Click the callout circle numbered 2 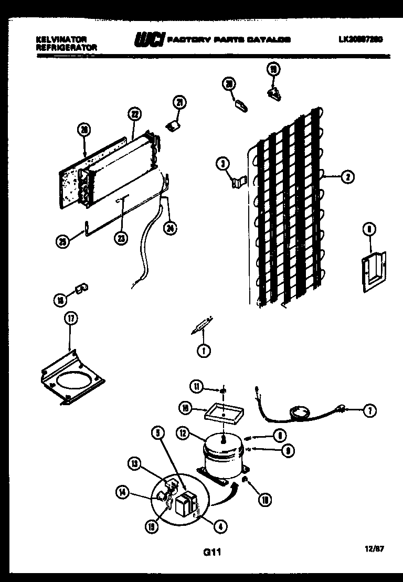pyautogui.click(x=347, y=177)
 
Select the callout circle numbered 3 pyautogui.click(x=222, y=164)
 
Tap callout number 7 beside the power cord pyautogui.click(x=369, y=411)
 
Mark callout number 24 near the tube pyautogui.click(x=169, y=227)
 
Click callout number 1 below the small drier pyautogui.click(x=202, y=350)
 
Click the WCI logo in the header pyautogui.click(x=150, y=39)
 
